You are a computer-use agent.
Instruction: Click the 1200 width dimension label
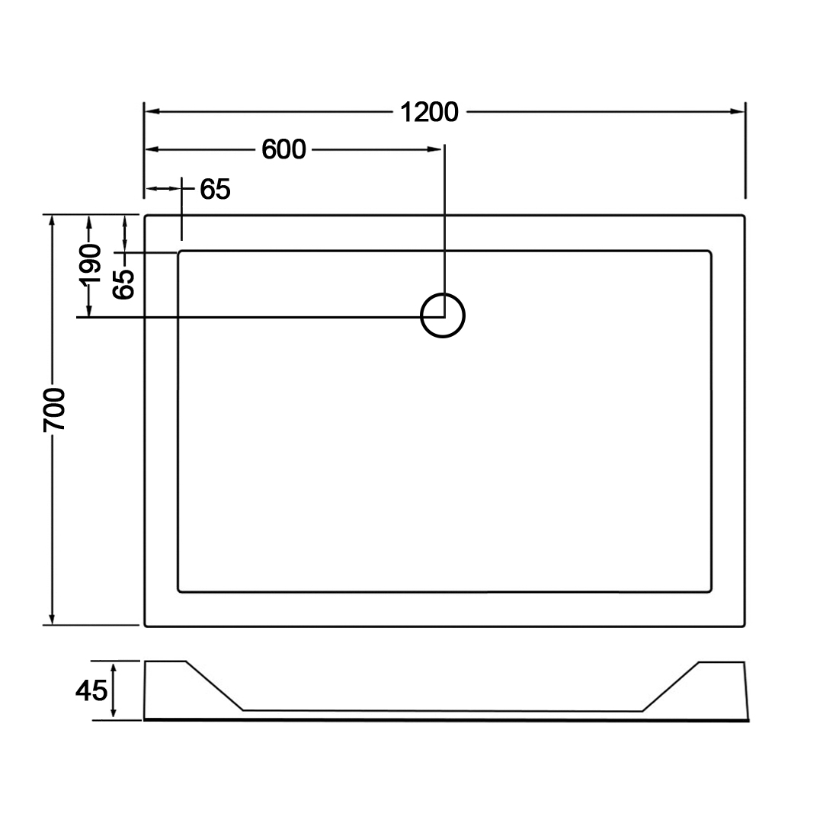(x=429, y=112)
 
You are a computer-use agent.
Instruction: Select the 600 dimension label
(x=283, y=149)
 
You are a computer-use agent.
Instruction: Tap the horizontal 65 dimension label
(x=215, y=189)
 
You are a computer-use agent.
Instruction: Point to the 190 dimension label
(x=89, y=264)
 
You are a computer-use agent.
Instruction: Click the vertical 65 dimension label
(x=123, y=283)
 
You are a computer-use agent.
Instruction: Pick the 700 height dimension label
(x=54, y=410)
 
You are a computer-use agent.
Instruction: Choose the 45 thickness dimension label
(x=91, y=690)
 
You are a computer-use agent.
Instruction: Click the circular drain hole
(x=443, y=293)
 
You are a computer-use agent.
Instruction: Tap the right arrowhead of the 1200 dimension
(x=738, y=112)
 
